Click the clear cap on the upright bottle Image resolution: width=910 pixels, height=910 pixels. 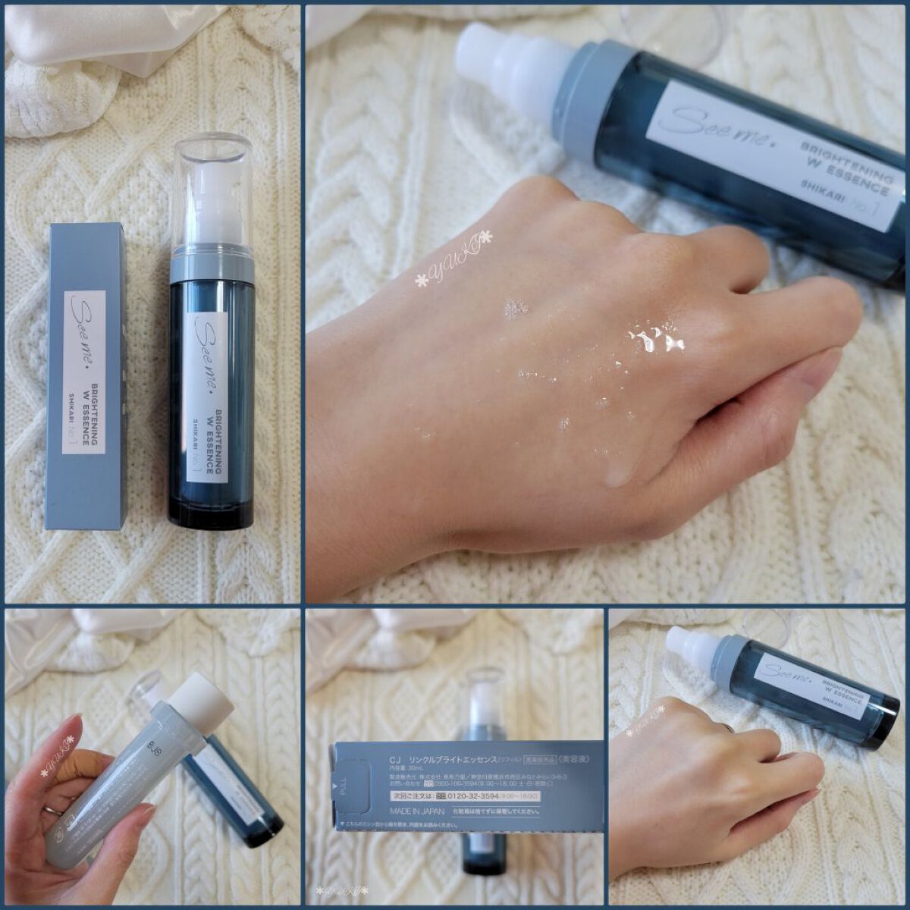point(213,190)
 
